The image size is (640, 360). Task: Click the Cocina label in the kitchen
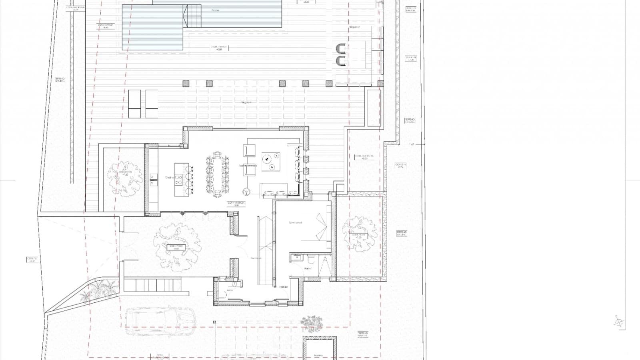point(169,177)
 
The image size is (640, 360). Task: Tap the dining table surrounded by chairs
point(218,175)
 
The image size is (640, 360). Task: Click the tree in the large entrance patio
point(177,245)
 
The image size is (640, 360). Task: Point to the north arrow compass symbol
point(618,321)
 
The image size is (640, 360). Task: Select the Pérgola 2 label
point(355,27)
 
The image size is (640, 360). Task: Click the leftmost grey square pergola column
point(186,84)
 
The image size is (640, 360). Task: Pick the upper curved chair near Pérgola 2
point(340,49)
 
